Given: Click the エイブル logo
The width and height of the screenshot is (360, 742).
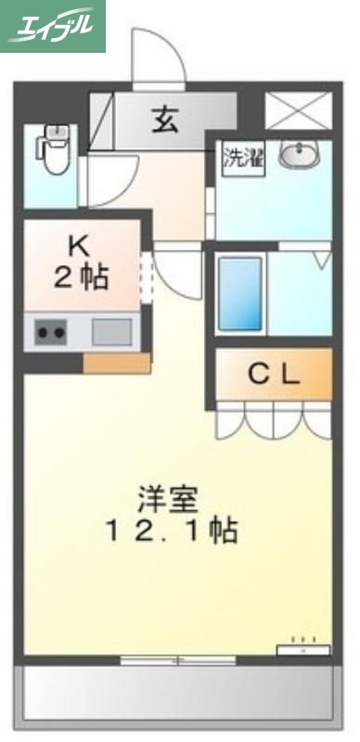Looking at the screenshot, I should click(x=53, y=25).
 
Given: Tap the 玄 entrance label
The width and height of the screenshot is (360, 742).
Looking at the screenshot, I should click(x=166, y=120).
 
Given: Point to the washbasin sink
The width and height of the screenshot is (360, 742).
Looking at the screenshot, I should click(x=300, y=154).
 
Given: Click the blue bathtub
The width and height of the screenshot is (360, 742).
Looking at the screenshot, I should click(x=241, y=294).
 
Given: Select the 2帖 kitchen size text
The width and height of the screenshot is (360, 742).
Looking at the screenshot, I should click(x=81, y=277).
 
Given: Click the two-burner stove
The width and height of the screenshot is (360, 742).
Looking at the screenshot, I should click(x=49, y=331).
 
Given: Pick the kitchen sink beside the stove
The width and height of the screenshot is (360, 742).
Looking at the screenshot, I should click(x=111, y=331).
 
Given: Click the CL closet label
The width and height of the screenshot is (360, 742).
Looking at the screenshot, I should click(x=274, y=375).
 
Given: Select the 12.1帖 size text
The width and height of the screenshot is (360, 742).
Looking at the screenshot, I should click(x=174, y=532).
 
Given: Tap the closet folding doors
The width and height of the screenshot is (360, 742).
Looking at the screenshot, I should click(x=274, y=420).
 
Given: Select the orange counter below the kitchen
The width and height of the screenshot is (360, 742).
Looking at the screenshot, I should click(x=116, y=363).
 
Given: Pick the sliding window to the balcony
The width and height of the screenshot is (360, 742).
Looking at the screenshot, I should click(x=178, y=659).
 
